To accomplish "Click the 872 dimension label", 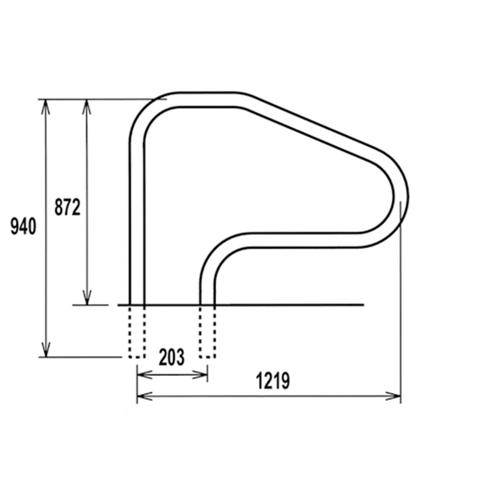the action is coord(68,207).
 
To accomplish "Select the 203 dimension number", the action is coord(172,357).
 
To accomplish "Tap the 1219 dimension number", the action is coord(273,381).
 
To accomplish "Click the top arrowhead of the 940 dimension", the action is coord(45,107).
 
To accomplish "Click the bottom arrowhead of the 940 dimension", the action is coord(46,349).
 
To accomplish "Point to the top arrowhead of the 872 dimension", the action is coord(87,107).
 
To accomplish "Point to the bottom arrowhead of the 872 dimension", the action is coord(87,298).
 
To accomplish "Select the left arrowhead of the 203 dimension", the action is coord(144,375).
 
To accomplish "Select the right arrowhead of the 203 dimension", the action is coord(200,375).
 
